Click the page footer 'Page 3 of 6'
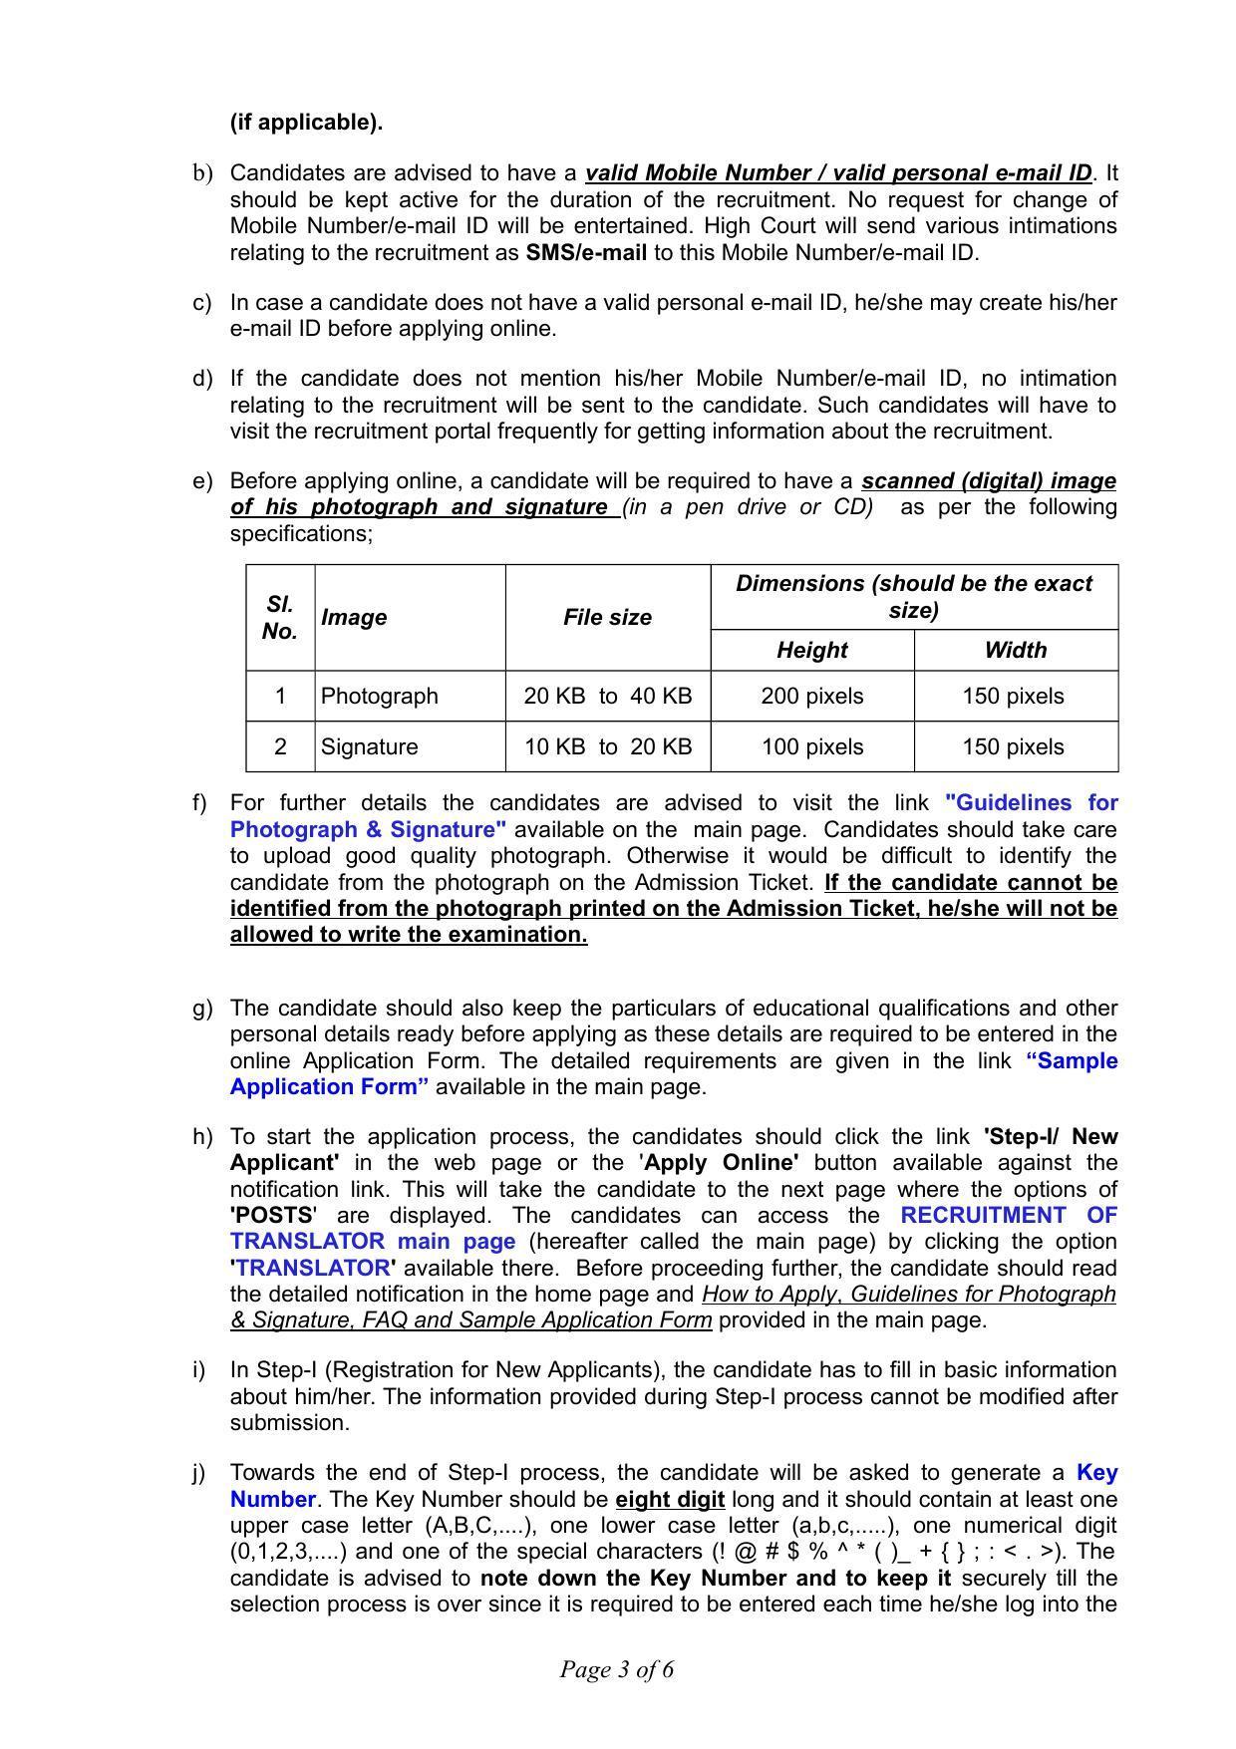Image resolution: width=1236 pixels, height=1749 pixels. [x=616, y=1669]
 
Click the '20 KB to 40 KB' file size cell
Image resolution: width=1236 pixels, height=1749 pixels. [x=607, y=696]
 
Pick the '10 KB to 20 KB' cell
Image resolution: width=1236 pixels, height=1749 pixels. [x=607, y=746]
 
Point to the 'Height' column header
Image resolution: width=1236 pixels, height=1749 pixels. [x=811, y=650]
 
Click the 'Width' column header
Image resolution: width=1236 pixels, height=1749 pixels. [x=1015, y=650]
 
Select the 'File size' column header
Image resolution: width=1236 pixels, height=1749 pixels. [x=607, y=617]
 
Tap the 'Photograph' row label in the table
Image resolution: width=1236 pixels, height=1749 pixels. [x=379, y=696]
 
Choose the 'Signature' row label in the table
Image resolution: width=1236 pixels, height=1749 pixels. [x=369, y=746]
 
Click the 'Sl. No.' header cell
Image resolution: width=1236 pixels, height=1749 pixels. [x=280, y=617]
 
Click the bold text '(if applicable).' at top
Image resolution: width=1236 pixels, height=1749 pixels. [x=306, y=123]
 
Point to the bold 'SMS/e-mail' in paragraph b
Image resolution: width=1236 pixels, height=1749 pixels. [x=586, y=252]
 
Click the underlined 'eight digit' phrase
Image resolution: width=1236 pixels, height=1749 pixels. [x=670, y=1499]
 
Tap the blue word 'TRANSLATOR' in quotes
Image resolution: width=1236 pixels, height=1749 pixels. [x=312, y=1268]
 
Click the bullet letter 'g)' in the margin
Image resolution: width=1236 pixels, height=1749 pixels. [x=202, y=1008]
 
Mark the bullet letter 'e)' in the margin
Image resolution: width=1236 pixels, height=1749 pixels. [x=202, y=480]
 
